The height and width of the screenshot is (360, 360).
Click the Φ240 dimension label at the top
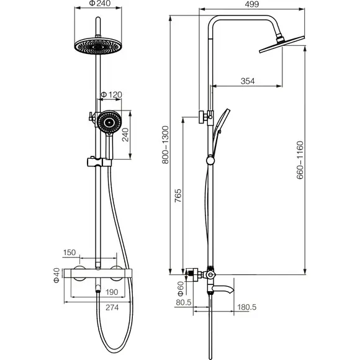tap(100, 3)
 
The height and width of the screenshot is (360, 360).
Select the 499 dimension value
tap(252, 4)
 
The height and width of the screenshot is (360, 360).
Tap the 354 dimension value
tap(248, 81)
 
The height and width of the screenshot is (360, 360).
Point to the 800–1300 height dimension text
tap(165, 145)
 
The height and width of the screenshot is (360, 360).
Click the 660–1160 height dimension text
tap(300, 160)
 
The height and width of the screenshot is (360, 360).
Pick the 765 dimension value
tap(178, 196)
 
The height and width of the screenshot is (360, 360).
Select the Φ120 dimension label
tap(112, 94)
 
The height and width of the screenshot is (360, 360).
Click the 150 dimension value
tap(70, 253)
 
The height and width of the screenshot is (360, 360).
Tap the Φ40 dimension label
tap(56, 276)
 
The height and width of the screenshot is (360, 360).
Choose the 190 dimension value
tap(112, 292)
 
